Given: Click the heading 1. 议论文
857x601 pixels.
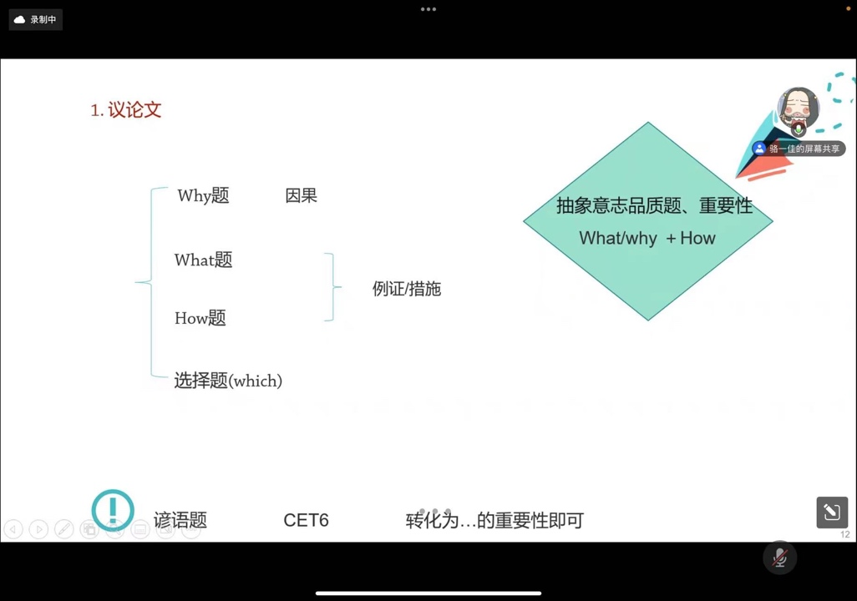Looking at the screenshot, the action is (x=125, y=110).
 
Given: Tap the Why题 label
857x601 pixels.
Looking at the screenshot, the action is (x=203, y=195).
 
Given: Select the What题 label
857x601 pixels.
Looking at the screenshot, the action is (x=203, y=260).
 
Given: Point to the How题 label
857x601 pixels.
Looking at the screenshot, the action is (x=200, y=317).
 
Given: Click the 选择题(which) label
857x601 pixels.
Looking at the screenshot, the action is (x=228, y=381).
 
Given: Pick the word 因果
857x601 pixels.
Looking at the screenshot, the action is (x=302, y=195).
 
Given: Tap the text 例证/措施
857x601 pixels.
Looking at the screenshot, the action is (x=407, y=289).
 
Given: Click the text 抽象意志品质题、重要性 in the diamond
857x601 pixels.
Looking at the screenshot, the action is (x=654, y=205).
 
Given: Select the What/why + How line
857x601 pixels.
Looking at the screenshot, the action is (x=647, y=238).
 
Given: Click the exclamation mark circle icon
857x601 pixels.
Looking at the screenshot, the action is (x=113, y=510).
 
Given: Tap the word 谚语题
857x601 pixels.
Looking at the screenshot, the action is (x=180, y=519).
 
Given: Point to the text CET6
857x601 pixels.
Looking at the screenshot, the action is (x=306, y=520).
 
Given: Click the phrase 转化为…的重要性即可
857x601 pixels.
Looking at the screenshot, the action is (x=494, y=520).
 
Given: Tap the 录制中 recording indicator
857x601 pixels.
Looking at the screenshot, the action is (x=36, y=20).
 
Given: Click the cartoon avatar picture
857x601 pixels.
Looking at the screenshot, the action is (x=798, y=109).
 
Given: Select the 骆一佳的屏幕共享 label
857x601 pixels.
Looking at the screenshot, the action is (x=799, y=149).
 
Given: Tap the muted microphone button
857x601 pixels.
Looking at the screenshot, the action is (x=780, y=558).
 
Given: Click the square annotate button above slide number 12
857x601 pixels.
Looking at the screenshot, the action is (x=832, y=513).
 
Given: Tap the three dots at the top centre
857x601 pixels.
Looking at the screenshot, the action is (x=428, y=9).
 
